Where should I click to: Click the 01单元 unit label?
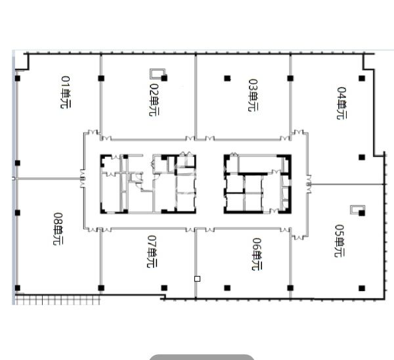point(66,92)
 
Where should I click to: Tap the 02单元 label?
point(154,100)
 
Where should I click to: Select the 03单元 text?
point(253,95)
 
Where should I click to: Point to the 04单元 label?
point(341,103)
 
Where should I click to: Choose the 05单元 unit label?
point(339,240)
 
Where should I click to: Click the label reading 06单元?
point(257,254)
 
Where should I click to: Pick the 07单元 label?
point(152,252)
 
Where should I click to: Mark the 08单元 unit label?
point(58,229)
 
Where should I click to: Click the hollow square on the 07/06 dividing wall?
point(197,279)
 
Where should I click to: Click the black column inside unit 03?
point(227,78)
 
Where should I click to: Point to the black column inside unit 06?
point(227,288)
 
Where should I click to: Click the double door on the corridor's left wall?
point(83,179)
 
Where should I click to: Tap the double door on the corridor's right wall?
point(309,185)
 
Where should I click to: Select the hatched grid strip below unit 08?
point(58,300)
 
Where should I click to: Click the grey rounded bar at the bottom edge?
point(202,357)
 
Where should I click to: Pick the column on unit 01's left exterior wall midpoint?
point(17,163)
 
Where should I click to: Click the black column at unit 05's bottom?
point(362,288)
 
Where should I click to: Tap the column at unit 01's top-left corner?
point(17,78)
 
